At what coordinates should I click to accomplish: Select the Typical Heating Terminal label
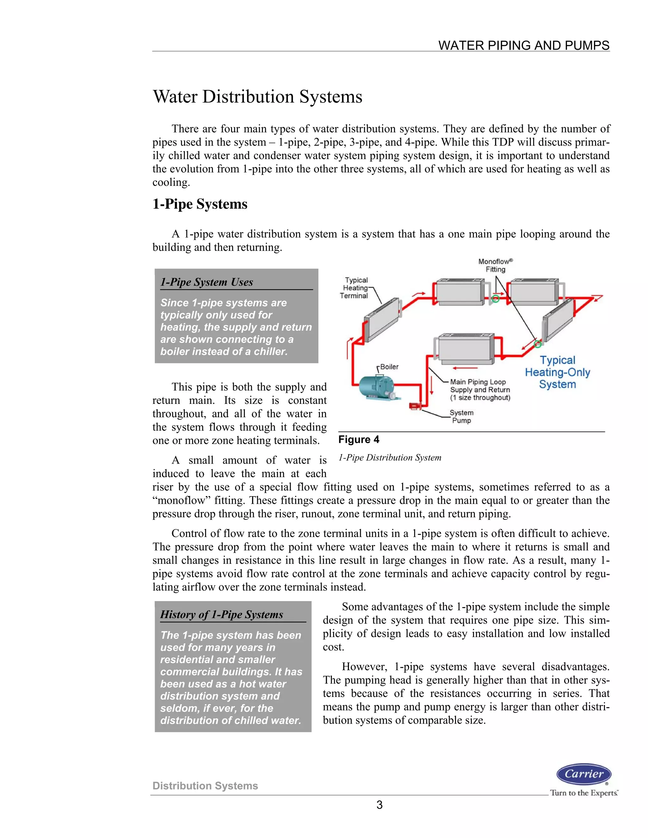tap(354, 288)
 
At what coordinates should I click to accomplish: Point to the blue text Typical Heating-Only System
tap(558, 372)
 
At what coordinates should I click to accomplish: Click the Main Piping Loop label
tap(480, 390)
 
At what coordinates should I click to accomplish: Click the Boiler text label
tap(389, 367)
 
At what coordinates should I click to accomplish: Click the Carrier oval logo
tap(583, 774)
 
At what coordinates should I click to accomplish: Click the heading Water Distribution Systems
tap(257, 97)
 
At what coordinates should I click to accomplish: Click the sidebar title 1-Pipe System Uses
tap(207, 282)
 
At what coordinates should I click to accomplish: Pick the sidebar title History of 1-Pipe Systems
tap(221, 614)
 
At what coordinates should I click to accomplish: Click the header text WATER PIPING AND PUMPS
tap(524, 45)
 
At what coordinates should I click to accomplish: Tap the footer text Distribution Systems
tap(205, 786)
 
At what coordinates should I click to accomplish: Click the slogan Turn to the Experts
tap(583, 793)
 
